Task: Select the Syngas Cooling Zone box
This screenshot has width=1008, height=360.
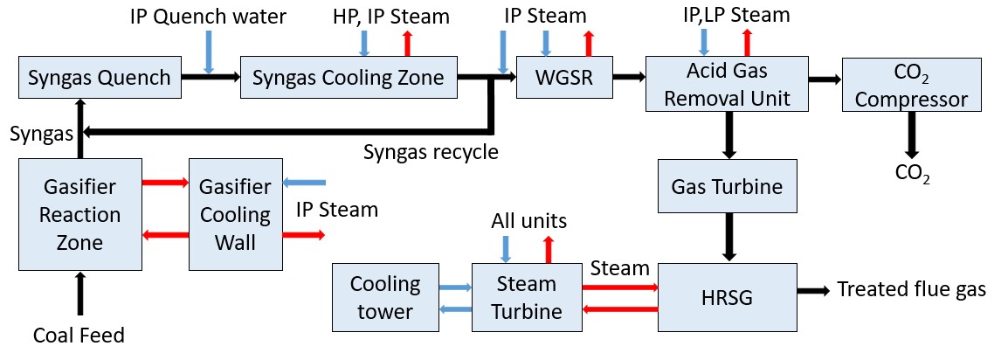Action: tap(348, 77)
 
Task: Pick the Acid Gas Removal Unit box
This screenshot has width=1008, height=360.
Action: tap(727, 85)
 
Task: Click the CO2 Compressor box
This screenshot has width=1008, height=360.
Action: tap(911, 86)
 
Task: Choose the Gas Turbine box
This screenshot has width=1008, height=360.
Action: tap(727, 186)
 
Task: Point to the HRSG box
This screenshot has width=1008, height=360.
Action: tap(727, 297)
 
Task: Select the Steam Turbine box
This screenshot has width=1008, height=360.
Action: tap(527, 297)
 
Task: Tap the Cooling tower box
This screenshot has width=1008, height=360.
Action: tap(385, 297)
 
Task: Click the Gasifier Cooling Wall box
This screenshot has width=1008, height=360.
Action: tap(235, 214)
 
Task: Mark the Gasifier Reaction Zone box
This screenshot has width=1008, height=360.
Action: tap(79, 214)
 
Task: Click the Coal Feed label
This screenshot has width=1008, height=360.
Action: tap(79, 335)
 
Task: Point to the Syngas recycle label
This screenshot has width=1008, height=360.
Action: tap(431, 152)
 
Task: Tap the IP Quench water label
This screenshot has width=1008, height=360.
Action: tap(208, 16)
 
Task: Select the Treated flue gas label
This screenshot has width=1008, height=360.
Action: tap(912, 289)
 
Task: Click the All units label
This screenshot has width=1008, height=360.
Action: tap(530, 221)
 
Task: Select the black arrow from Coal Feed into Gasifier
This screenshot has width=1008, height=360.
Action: tap(80, 294)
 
